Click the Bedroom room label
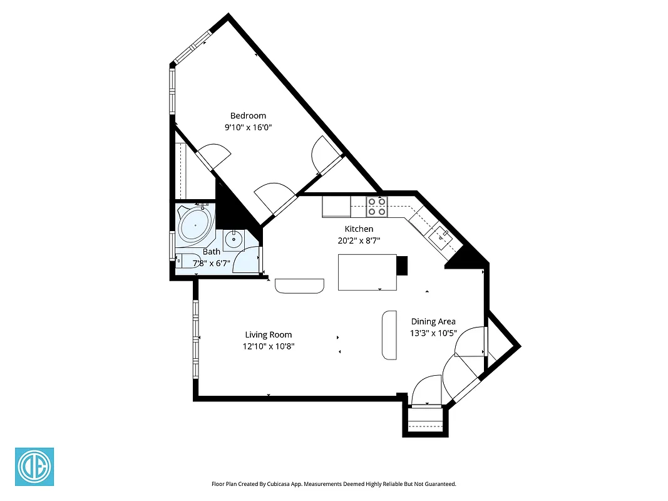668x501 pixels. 248,115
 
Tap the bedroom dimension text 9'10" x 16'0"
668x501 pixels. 248,127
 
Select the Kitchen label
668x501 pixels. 359,229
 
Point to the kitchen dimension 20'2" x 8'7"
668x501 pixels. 359,240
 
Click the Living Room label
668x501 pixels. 268,334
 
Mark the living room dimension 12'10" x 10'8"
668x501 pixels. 268,346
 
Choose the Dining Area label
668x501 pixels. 433,322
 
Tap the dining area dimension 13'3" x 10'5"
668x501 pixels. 433,333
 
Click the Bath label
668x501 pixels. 211,252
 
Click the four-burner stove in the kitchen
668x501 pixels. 377,207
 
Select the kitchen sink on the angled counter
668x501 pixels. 441,236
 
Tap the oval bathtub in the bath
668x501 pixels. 196,224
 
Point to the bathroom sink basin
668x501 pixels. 235,238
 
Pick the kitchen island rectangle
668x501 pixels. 367,272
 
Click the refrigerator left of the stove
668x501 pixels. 336,207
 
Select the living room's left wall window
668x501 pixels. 195,339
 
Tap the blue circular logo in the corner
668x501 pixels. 34,467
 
